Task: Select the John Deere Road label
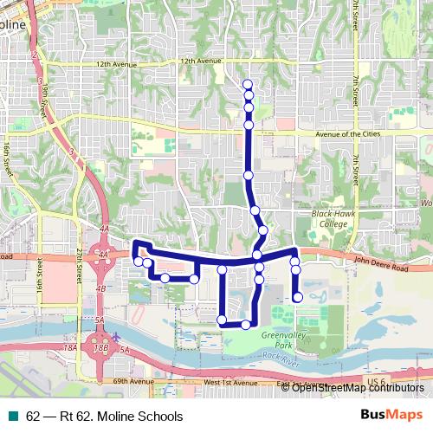pyautogui.click(x=382, y=268)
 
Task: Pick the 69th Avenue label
pyautogui.click(x=132, y=381)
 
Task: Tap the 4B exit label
pyautogui.click(x=101, y=288)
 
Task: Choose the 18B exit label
pyautogui.click(x=100, y=347)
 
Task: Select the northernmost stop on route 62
pyautogui.click(x=249, y=84)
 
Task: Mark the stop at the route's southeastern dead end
pyautogui.click(x=297, y=298)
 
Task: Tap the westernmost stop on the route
pyautogui.click(x=139, y=261)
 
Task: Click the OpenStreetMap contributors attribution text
pyautogui.click(x=358, y=387)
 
